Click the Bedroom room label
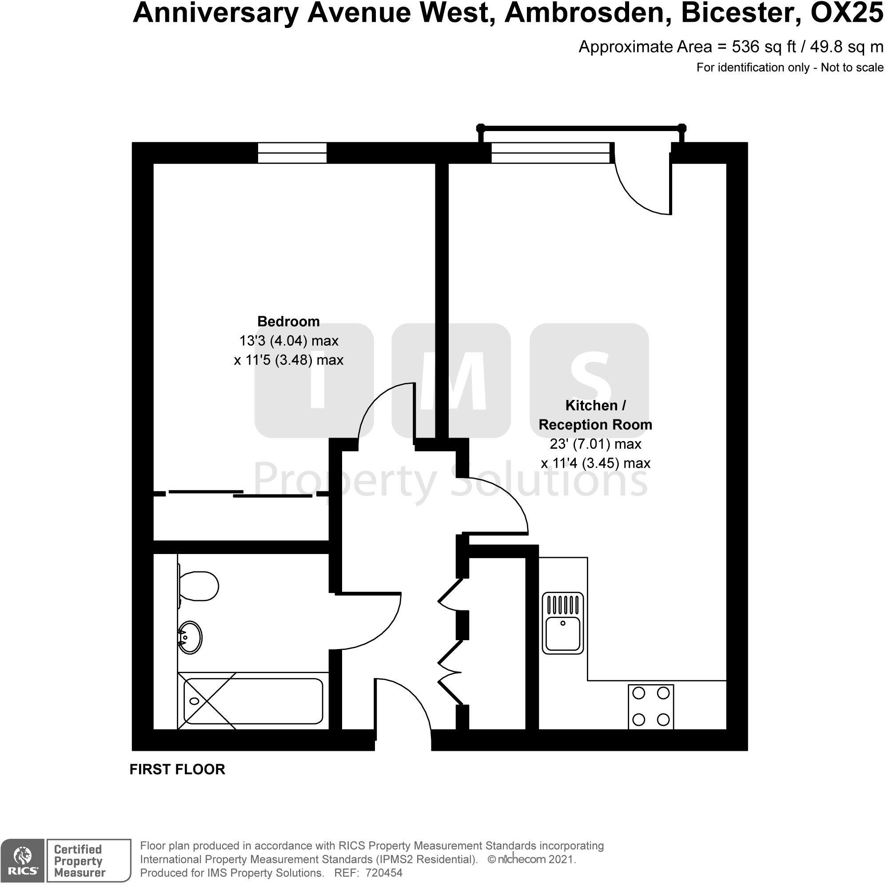288,322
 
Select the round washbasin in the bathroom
190,637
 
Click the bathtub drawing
253,702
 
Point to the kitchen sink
563,623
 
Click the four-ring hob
650,707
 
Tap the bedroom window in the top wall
292,152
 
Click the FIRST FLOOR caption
177,769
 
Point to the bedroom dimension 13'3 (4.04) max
289,341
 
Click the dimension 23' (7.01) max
595,444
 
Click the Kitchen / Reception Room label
595,415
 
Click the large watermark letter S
590,380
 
